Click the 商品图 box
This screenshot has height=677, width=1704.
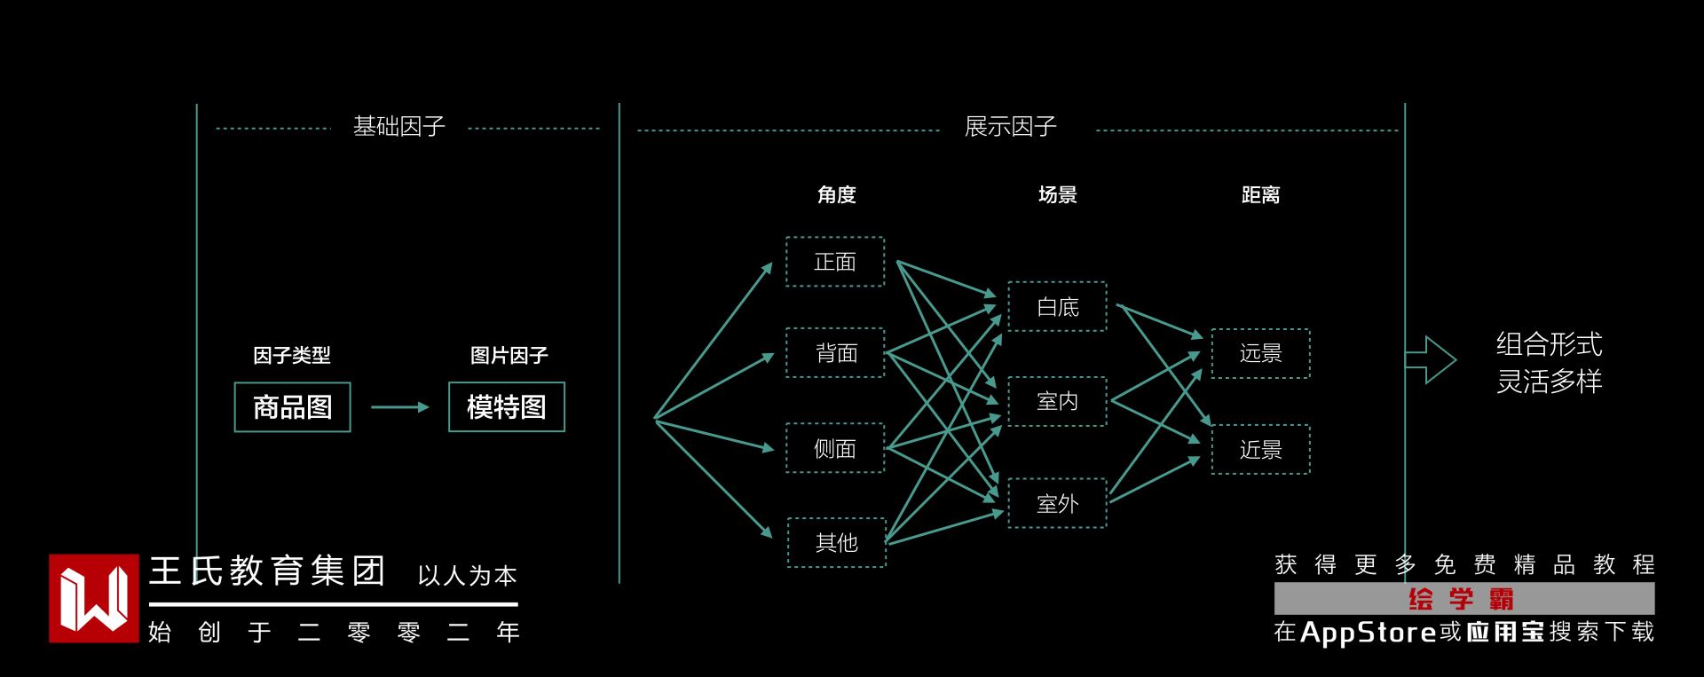pyautogui.click(x=292, y=407)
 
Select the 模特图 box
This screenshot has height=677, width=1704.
pyautogui.click(x=506, y=407)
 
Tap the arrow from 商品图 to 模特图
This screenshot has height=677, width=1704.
pyautogui.click(x=399, y=407)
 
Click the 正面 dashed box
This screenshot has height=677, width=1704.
pyautogui.click(x=835, y=262)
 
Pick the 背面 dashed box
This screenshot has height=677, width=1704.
pyautogui.click(x=835, y=353)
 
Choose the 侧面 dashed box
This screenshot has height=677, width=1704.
pyautogui.click(x=835, y=448)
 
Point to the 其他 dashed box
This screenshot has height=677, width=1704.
pyautogui.click(x=836, y=542)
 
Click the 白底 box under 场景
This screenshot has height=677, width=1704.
pyautogui.click(x=1057, y=307)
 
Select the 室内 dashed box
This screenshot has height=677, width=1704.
pyautogui.click(x=1057, y=401)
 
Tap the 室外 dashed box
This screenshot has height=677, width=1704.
pyautogui.click(x=1057, y=503)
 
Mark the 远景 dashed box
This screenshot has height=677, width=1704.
pyautogui.click(x=1260, y=353)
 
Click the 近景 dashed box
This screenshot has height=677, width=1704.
pyautogui.click(x=1260, y=450)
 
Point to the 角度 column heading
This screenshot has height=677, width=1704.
pyautogui.click(x=836, y=195)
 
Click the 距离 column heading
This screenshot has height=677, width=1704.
pyautogui.click(x=1260, y=195)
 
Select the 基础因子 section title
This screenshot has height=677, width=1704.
pyautogui.click(x=398, y=127)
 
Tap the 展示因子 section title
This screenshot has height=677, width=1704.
pyautogui.click(x=1010, y=127)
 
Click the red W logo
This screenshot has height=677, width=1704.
pyautogui.click(x=93, y=598)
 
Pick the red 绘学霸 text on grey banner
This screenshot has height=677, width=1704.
pyautogui.click(x=1462, y=600)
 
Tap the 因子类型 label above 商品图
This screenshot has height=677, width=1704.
pyautogui.click(x=291, y=356)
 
